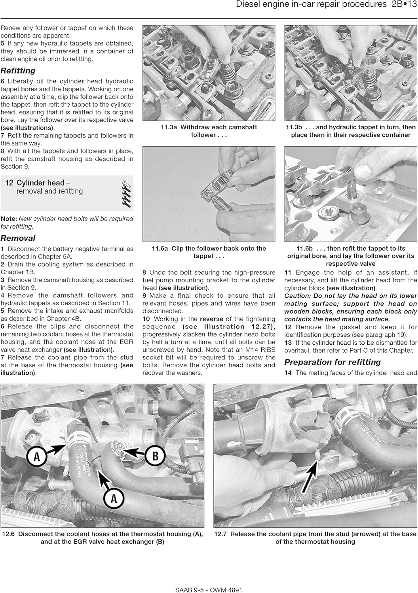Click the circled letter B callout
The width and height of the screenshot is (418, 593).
coord(155,455)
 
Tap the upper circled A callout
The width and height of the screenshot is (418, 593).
coord(37,456)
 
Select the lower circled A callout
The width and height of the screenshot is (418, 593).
coord(114,498)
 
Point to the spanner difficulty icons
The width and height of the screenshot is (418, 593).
coord(126,193)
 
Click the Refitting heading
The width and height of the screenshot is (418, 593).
coord(18,71)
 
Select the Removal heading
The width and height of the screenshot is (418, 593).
coord(18,238)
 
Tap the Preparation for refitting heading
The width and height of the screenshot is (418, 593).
coord(332,362)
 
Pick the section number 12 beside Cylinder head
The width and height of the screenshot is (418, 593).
coord(9,183)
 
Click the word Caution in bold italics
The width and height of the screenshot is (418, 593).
coord(297,296)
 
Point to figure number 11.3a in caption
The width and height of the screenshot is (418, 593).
coord(169,127)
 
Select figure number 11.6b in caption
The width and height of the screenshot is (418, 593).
coord(304,249)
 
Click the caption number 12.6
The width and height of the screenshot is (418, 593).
coord(8,534)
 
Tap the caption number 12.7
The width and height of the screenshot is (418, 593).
coord(220,534)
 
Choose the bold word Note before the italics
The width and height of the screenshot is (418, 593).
coord(9,219)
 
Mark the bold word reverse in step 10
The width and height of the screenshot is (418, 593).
coord(211,319)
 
